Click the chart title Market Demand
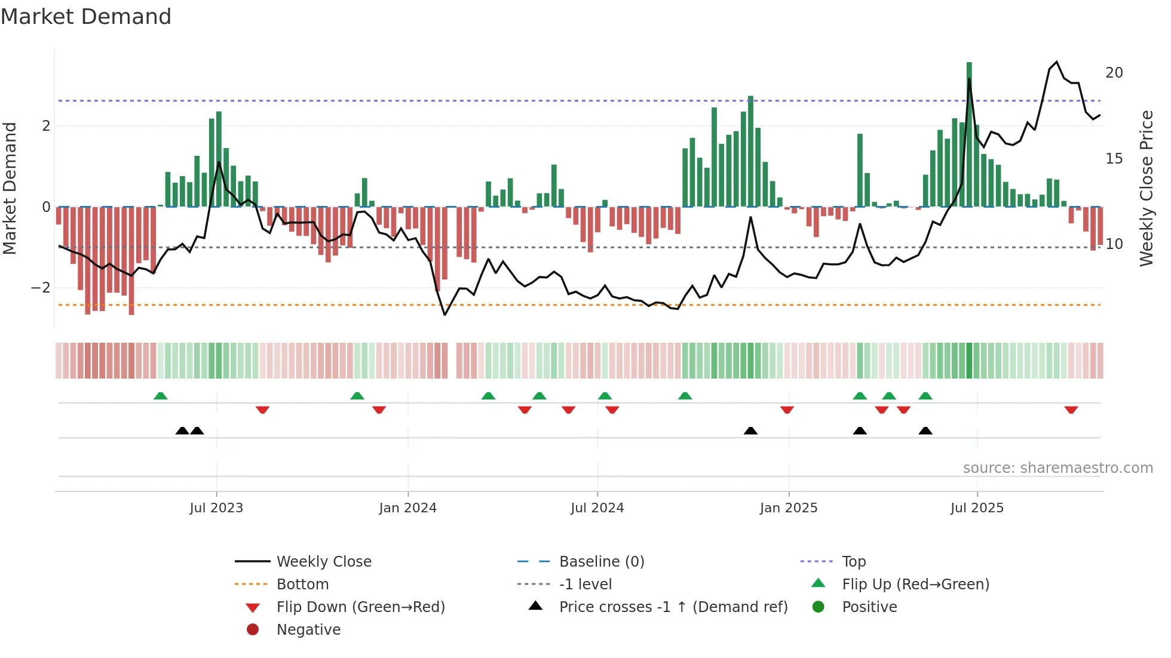click(86, 17)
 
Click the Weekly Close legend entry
click(323, 562)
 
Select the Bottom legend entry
click(302, 585)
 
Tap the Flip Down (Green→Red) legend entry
click(360, 607)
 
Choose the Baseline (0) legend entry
click(601, 562)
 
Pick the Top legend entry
click(853, 562)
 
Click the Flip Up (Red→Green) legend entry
click(915, 585)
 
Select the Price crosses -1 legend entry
click(673, 607)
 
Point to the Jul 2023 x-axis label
click(216, 508)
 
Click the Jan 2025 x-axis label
click(789, 508)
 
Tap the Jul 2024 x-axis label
click(597, 508)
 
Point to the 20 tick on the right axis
click(1114, 73)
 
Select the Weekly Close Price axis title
click(1146, 188)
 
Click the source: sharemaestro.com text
click(1057, 468)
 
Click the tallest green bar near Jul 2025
click(969, 134)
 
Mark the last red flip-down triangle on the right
click(1071, 410)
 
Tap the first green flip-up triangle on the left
click(160, 396)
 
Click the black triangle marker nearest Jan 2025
click(750, 431)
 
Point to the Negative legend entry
click(308, 630)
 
